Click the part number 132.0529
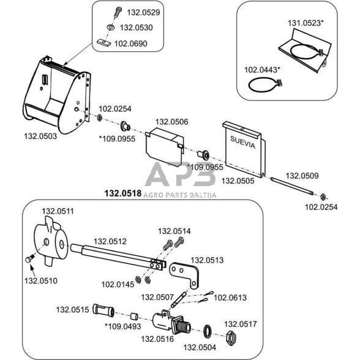[143, 12]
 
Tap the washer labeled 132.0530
[111, 28]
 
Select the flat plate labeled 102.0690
[103, 43]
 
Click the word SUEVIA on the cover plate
[242, 142]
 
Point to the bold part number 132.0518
[123, 193]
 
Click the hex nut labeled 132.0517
[231, 337]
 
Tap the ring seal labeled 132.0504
[208, 331]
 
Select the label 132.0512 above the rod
[110, 241]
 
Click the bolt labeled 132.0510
[29, 258]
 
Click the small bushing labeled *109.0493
[134, 316]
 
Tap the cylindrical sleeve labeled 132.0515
[103, 310]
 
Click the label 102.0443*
[262, 70]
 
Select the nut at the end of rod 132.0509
[323, 197]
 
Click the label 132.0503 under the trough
[40, 136]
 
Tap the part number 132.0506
[171, 122]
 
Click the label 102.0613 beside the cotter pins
[230, 298]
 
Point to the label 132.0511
[58, 211]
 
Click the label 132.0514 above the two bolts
[174, 231]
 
